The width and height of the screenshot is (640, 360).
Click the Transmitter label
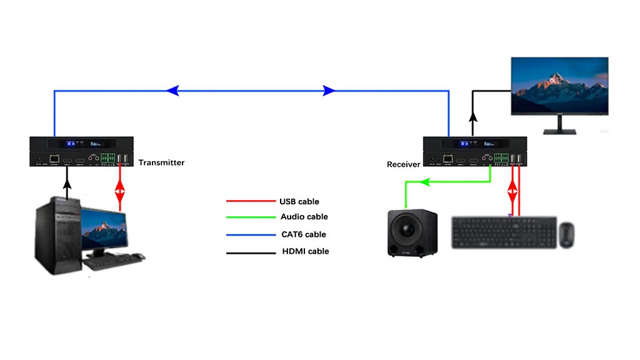(x=161, y=162)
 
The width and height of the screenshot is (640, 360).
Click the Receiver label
(x=403, y=164)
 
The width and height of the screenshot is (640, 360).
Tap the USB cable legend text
(x=299, y=201)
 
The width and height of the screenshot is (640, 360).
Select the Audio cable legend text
(x=304, y=217)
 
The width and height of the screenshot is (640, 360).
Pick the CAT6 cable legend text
(x=303, y=234)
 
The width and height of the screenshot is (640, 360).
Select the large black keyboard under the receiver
(x=504, y=234)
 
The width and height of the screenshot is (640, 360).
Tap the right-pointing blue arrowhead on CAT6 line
(x=329, y=91)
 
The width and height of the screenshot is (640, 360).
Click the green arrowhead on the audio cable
(x=424, y=182)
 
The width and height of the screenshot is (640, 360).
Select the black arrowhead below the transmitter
(x=66, y=181)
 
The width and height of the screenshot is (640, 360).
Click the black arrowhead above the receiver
(x=472, y=116)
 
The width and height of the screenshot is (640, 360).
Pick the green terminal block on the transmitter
(x=109, y=159)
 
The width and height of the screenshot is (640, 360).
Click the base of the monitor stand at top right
(x=559, y=132)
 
